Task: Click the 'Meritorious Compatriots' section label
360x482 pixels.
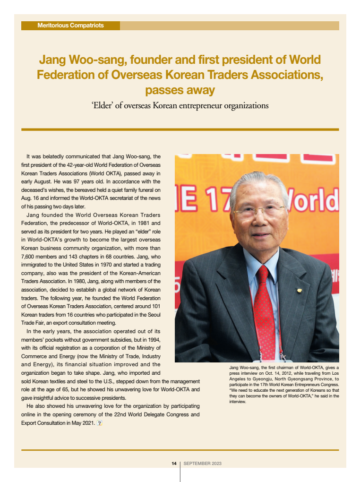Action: [70, 26]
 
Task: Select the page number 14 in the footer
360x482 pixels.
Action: [174, 464]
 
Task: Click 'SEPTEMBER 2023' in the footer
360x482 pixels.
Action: [202, 464]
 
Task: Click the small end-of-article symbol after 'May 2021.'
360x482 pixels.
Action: [99, 423]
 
